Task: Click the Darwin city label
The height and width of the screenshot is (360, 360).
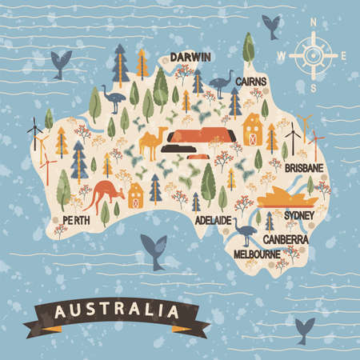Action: pos(190,57)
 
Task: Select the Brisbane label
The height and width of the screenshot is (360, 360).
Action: pos(304,168)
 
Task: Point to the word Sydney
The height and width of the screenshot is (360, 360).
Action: pos(299,215)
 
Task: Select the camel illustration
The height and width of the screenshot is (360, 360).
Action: pos(151,143)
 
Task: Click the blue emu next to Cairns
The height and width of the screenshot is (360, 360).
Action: pos(221,82)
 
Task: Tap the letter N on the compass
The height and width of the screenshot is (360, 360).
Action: pos(313,22)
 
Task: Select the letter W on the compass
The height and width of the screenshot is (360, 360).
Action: pos(281,56)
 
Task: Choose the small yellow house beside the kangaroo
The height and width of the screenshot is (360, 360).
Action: pos(135,194)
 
